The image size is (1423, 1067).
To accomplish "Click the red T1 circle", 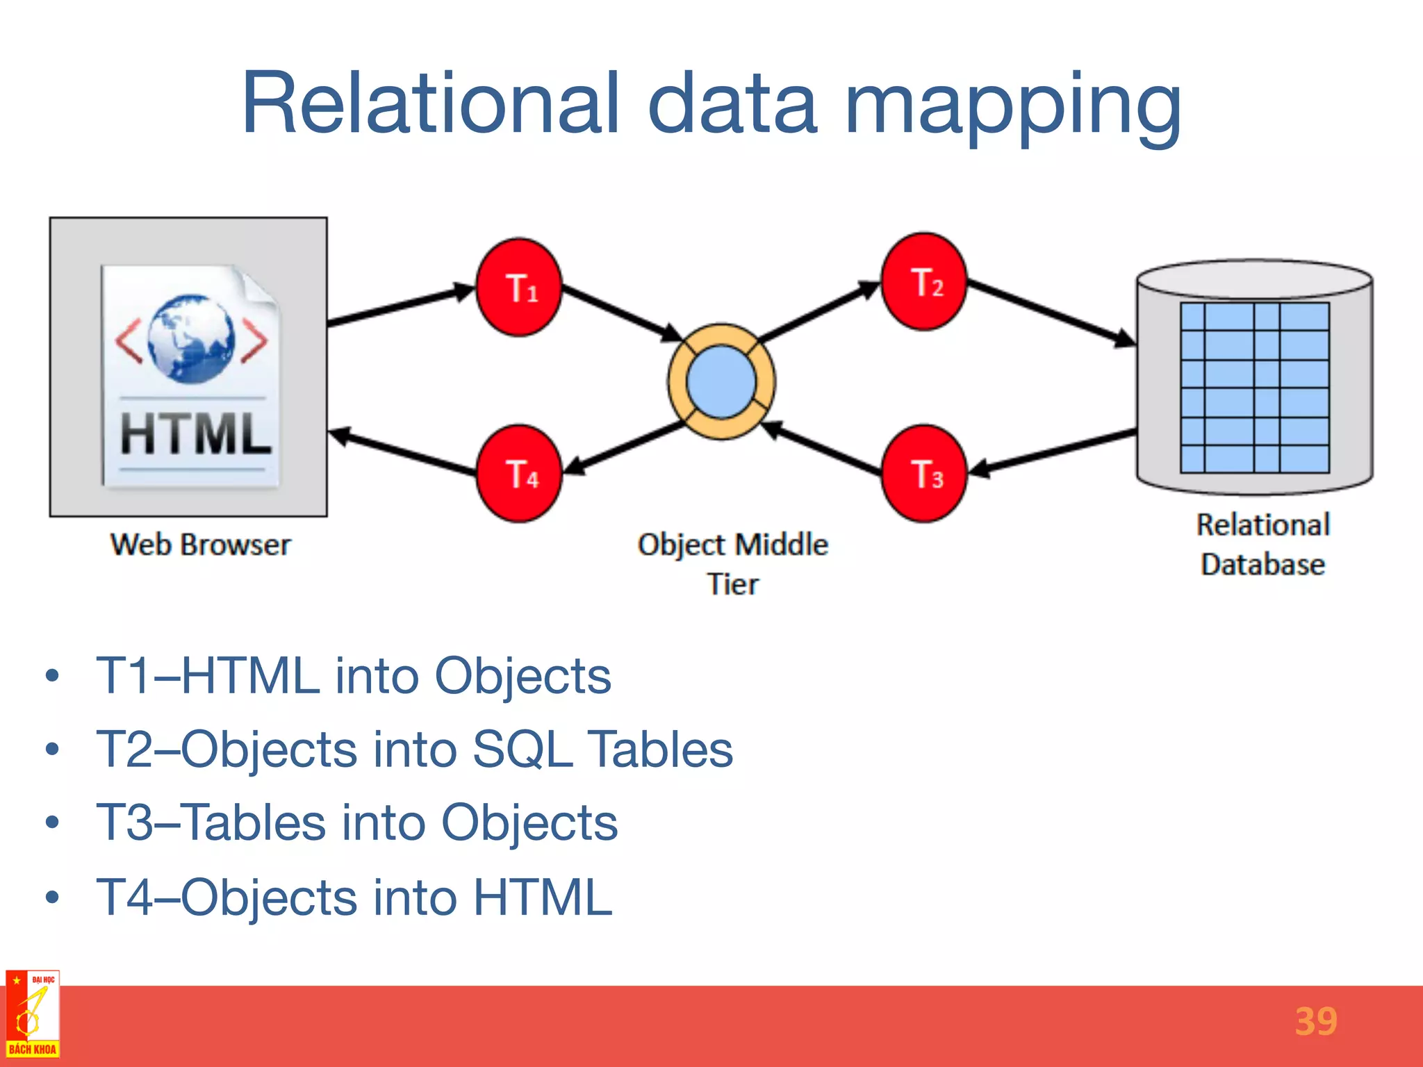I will tap(519, 288).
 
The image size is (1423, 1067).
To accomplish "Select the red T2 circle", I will tap(924, 281).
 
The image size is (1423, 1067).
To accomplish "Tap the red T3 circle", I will tap(924, 474).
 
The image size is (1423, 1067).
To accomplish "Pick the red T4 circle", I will tap(519, 474).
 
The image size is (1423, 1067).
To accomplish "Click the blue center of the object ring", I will tap(721, 382).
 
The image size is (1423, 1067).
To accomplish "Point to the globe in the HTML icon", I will tap(191, 338).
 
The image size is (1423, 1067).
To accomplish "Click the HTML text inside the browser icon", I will tap(195, 433).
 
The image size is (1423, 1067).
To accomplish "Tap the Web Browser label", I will tap(200, 545).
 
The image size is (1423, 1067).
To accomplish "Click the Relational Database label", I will tap(1262, 544).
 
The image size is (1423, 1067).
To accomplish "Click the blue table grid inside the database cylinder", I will tap(1254, 388).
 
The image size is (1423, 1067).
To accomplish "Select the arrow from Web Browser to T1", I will tap(400, 306).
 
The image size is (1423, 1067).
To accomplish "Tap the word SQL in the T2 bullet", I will tap(523, 750).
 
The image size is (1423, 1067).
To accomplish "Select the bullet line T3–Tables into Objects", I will tap(356, 823).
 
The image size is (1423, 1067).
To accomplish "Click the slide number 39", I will tap(1315, 1022).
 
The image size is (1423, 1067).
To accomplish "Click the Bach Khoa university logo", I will tap(33, 1014).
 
